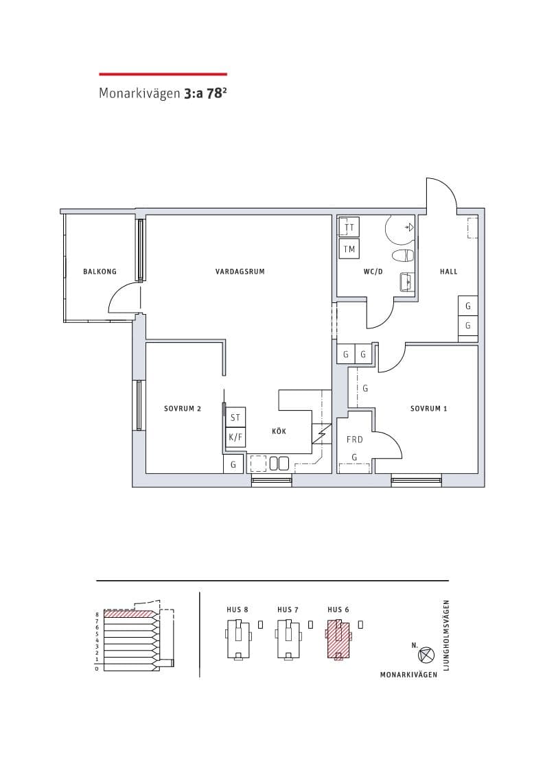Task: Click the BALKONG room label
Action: click(x=100, y=272)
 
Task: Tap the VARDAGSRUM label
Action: click(x=240, y=272)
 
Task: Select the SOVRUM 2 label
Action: click(x=183, y=409)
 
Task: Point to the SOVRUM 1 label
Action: click(x=428, y=409)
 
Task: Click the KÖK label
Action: click(x=279, y=431)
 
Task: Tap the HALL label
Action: click(x=448, y=272)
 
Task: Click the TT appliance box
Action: click(x=349, y=228)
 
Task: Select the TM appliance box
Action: click(x=349, y=249)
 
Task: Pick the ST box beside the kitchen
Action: click(x=235, y=418)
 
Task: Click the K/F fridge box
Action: click(x=235, y=437)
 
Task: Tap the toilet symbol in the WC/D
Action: click(x=404, y=255)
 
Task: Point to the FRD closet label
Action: click(x=354, y=440)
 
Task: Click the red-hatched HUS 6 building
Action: click(x=338, y=639)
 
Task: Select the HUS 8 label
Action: click(x=237, y=610)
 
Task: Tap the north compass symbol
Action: click(x=426, y=655)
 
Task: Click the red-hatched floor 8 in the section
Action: click(x=130, y=614)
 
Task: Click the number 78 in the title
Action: click(x=214, y=94)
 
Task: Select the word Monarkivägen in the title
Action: click(x=139, y=94)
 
